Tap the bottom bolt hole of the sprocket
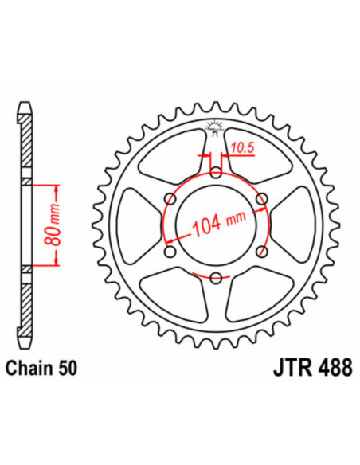coord(216,276)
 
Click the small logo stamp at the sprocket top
coord(215,124)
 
